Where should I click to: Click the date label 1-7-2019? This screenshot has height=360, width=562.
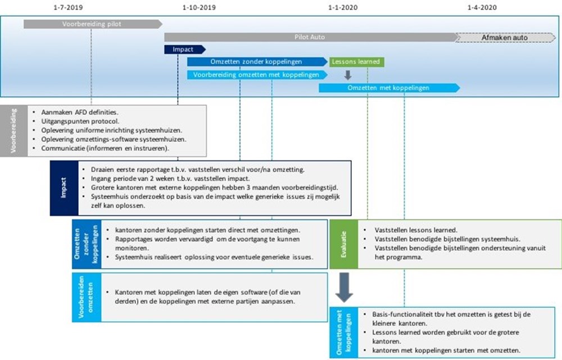(68, 7)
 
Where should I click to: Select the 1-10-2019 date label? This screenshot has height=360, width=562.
(199, 7)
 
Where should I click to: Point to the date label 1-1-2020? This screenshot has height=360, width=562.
(343, 7)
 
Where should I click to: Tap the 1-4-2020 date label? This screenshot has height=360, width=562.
(482, 7)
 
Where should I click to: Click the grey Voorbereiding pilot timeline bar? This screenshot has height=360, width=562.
(93, 24)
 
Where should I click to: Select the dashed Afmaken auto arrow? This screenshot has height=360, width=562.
(505, 37)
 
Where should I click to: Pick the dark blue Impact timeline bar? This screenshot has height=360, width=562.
(185, 49)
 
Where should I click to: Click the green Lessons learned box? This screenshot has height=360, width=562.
(357, 62)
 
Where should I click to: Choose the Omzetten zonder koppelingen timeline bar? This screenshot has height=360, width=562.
(257, 62)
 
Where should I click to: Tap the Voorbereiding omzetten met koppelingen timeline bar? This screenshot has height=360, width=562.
(257, 75)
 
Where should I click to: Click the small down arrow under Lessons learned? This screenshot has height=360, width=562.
(348, 75)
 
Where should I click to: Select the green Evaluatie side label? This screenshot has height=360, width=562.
(344, 244)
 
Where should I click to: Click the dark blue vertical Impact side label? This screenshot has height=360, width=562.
(64, 188)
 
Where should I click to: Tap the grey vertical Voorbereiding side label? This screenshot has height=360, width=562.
(13, 131)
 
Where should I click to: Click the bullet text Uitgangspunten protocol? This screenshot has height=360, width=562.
(80, 121)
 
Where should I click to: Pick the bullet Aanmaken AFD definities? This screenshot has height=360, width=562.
(80, 112)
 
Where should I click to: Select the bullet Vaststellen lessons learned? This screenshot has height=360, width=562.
(416, 230)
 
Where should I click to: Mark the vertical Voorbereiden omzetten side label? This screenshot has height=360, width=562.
(87, 297)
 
